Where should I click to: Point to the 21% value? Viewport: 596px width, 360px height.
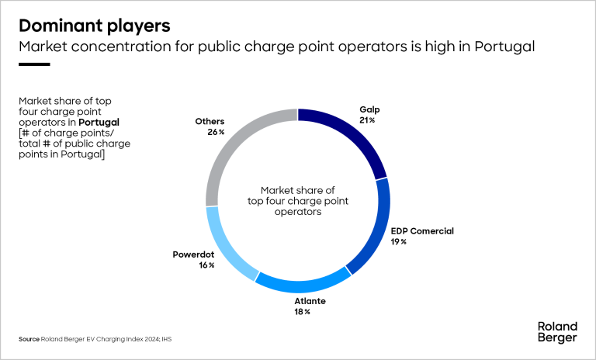367,121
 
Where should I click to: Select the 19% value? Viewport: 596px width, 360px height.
398,242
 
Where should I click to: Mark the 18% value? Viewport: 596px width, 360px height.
302,312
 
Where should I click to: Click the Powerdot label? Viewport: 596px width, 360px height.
192,254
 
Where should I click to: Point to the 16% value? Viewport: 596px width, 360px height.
206,265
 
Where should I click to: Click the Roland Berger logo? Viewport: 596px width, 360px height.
556,331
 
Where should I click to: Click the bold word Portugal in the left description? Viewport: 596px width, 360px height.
99,123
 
